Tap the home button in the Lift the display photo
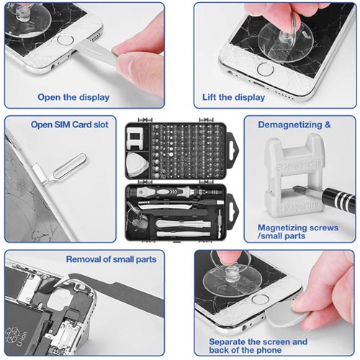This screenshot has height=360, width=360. pyautogui.click(x=266, y=69)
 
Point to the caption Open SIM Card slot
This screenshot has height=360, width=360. pyautogui.click(x=69, y=125)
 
